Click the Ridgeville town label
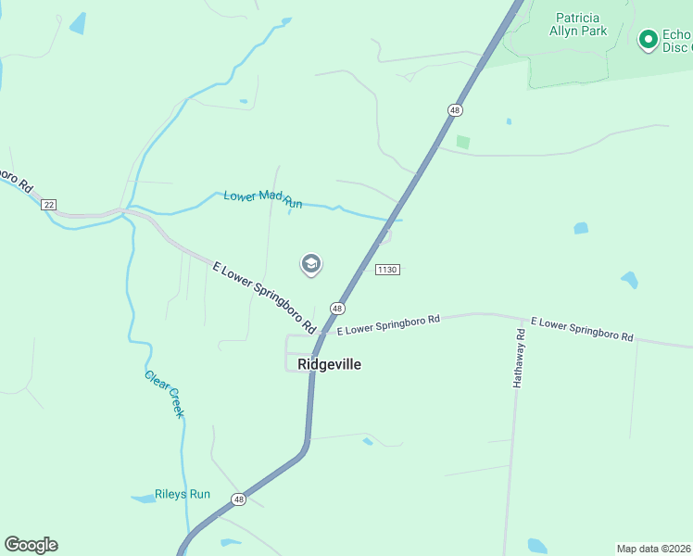tap(330, 364)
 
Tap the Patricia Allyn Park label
tap(581, 24)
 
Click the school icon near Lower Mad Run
tap(311, 265)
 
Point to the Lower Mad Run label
tap(263, 198)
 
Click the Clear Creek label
tap(165, 394)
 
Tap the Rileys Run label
tap(183, 494)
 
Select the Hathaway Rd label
tap(521, 358)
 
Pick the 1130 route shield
tap(387, 270)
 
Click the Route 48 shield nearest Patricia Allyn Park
tap(454, 110)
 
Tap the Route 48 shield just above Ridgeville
tap(337, 308)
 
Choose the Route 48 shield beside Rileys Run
tap(239, 499)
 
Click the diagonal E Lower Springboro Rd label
tap(264, 297)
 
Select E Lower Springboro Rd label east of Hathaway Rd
tap(586, 330)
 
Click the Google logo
tap(31, 545)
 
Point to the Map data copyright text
tap(653, 549)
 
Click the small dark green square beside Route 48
tap(463, 143)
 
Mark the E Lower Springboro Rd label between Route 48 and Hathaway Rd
tap(387, 324)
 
